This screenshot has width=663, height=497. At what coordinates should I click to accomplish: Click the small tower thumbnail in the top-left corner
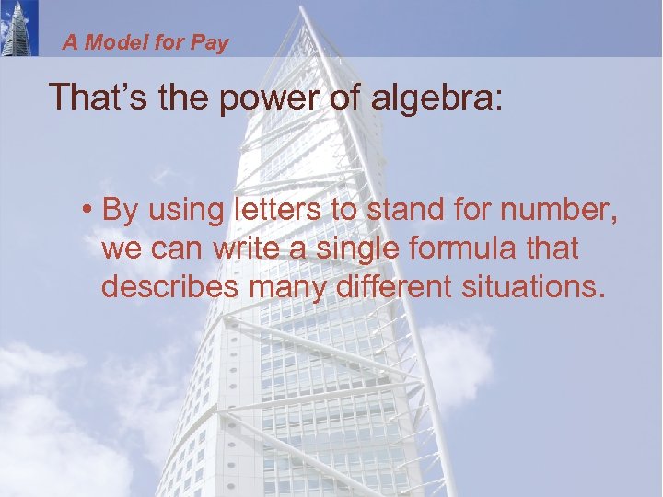click(x=19, y=28)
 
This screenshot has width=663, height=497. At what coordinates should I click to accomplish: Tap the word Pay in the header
click(x=210, y=43)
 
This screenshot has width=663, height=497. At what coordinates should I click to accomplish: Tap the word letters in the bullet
click(x=278, y=211)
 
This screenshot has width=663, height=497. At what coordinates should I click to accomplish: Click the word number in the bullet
click(x=560, y=211)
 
